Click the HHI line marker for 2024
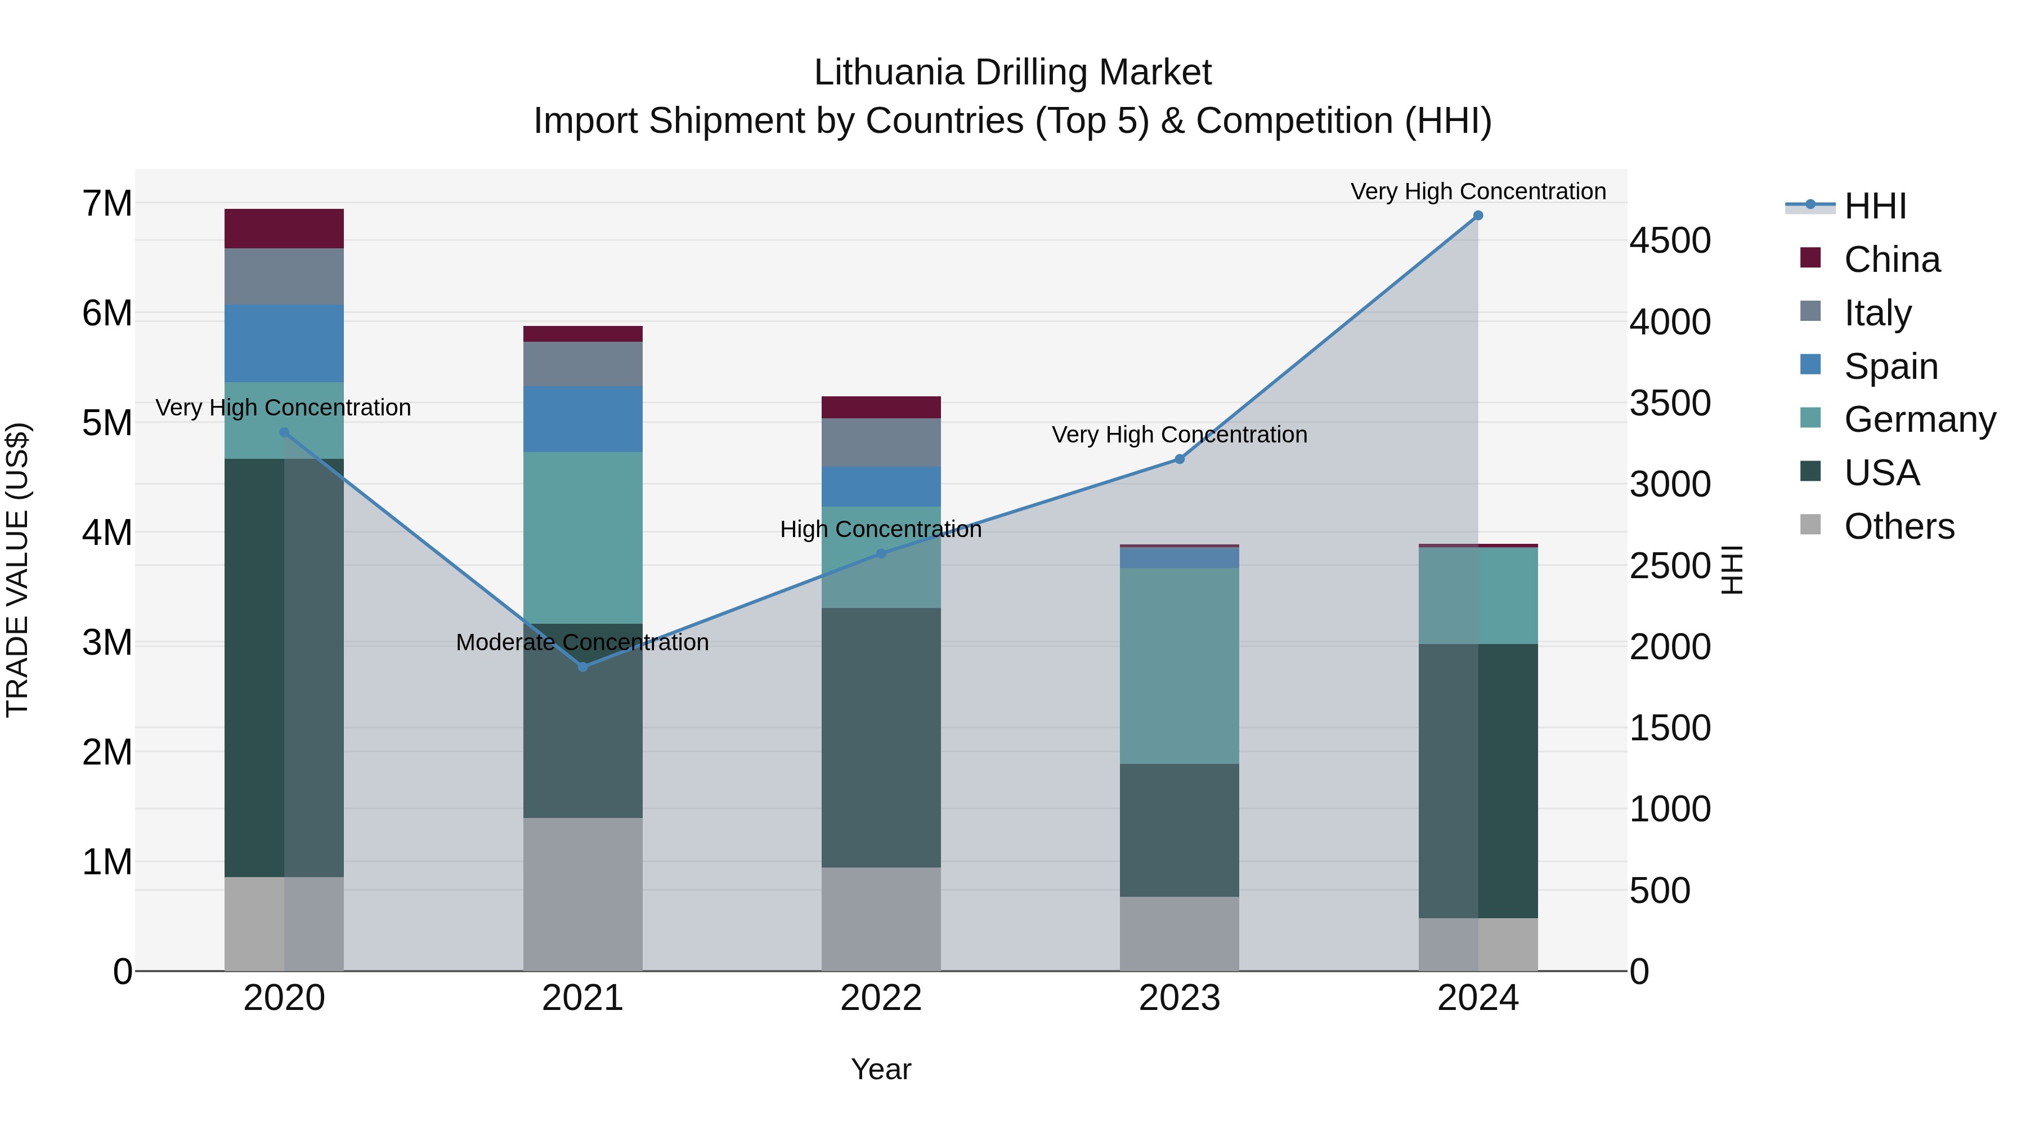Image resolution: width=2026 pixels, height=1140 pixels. click(1478, 216)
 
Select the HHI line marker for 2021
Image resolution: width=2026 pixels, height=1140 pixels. click(583, 667)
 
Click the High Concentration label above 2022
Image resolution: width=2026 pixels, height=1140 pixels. click(881, 530)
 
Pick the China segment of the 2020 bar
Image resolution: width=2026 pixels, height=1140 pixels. click(284, 229)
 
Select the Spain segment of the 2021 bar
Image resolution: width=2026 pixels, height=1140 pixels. click(583, 419)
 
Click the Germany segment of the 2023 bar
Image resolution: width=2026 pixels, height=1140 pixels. click(1179, 665)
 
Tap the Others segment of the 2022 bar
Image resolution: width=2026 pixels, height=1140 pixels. click(881, 919)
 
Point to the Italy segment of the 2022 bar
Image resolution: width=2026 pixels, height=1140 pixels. click(881, 443)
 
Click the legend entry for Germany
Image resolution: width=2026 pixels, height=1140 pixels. click(1920, 419)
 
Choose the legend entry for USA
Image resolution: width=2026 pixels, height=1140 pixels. click(1882, 473)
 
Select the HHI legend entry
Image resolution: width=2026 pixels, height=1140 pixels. click(1875, 206)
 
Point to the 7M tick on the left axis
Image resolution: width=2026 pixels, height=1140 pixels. click(107, 204)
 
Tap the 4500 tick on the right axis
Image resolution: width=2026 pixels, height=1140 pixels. click(1670, 241)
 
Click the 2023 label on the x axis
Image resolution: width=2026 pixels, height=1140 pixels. click(1179, 998)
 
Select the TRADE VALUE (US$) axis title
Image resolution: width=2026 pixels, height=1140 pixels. click(17, 570)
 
